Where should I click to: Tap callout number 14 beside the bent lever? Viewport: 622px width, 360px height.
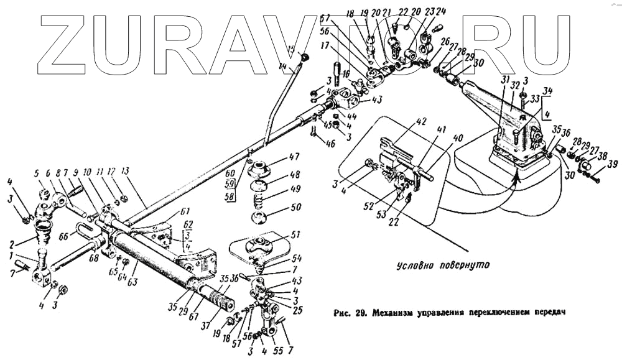284,66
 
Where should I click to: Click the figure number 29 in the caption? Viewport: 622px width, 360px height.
360,313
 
